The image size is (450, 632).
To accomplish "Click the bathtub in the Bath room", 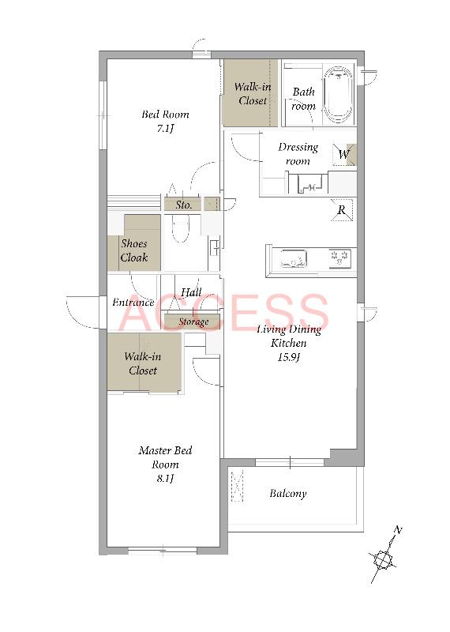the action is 339,95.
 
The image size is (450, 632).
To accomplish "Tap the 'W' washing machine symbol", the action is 344,154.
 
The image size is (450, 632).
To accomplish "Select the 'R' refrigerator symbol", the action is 342,209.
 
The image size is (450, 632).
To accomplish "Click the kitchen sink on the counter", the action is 294,259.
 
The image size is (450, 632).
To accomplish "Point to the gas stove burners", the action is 339,258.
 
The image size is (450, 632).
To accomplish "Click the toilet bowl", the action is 180,228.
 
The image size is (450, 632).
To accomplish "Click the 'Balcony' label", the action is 287,493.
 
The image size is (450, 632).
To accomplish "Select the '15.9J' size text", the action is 289,357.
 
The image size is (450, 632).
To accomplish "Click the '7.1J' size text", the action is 166,129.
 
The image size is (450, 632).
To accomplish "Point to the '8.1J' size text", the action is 165,479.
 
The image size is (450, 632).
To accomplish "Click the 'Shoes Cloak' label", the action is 134,250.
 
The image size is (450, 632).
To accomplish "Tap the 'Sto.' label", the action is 183,205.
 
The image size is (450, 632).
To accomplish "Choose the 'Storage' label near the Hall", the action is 193,322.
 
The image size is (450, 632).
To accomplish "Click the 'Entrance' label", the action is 133,303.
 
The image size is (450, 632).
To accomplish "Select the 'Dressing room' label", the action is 298,154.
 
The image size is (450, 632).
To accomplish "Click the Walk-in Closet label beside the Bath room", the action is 253,93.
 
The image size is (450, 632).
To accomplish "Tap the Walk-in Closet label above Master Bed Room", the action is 143,363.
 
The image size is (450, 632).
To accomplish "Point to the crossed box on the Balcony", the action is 238,486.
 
